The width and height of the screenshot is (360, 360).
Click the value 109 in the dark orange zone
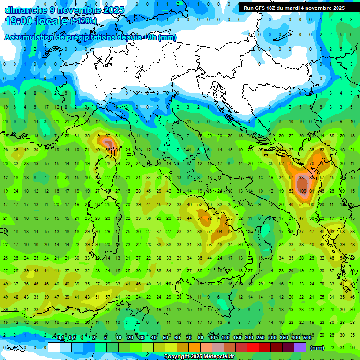pos(303,191)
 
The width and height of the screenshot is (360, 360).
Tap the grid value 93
pos(302,178)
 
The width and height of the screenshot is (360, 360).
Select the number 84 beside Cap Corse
pos(116,150)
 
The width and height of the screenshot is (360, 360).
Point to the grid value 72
pos(210,218)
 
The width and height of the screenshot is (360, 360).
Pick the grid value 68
pos(230,232)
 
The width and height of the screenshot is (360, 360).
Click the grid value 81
pos(312,191)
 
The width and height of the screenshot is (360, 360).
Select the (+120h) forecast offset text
pos(83,21)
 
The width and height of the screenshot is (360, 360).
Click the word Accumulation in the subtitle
pos(30,37)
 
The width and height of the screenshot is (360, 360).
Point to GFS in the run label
pos(265,8)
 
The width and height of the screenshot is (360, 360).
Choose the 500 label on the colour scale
pos(307,338)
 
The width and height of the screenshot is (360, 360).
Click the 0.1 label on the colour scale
pos(60,338)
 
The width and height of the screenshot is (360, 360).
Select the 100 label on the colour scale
pos(225,338)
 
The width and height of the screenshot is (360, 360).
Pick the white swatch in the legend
pos(54,347)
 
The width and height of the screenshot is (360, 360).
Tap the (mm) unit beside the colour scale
pos(317,347)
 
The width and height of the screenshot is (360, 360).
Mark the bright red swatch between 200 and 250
pos(253,347)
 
